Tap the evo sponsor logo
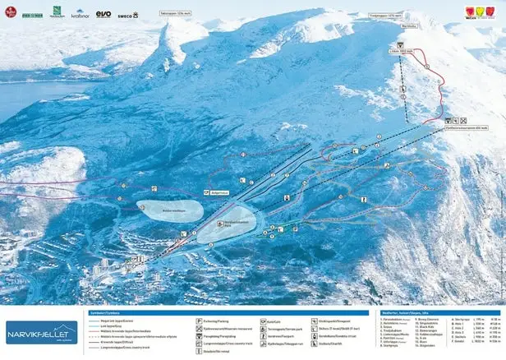(x=103, y=14)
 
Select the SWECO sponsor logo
(x=128, y=15)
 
